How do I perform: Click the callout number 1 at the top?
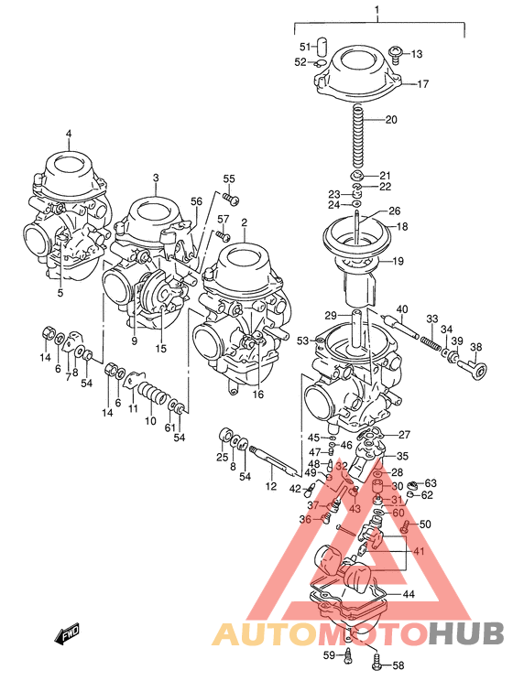tap(376, 10)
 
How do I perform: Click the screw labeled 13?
tap(396, 53)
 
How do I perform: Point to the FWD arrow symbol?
tap(67, 633)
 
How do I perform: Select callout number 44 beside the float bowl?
tap(409, 594)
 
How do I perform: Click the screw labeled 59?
tap(349, 654)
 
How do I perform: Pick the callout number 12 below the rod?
tap(271, 486)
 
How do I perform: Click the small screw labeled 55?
tap(233, 199)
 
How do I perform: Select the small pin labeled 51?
tap(322, 45)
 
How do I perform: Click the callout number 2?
tap(245, 222)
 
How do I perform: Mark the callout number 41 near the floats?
tap(419, 551)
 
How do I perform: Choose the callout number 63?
tap(431, 482)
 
